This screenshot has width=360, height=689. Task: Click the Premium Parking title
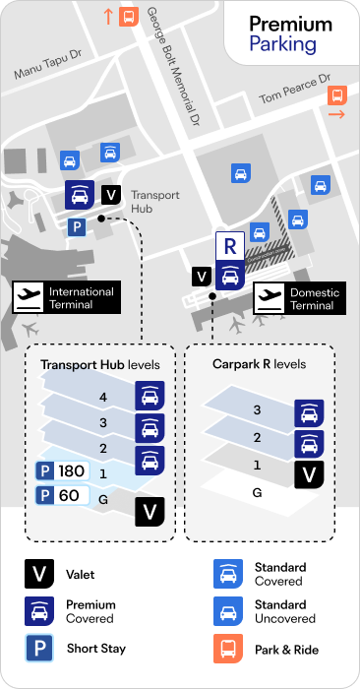(290, 34)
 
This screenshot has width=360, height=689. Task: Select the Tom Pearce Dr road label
(295, 90)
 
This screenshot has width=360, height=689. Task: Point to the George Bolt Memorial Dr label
(172, 66)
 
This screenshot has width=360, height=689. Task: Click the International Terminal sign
(66, 297)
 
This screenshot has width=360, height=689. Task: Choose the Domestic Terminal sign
(300, 298)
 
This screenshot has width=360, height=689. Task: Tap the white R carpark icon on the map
(229, 246)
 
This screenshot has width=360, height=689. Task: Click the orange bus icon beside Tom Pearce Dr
(337, 94)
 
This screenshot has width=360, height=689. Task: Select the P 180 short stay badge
(62, 471)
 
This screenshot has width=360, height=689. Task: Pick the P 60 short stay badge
(62, 496)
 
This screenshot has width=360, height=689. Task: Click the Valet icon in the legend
(39, 574)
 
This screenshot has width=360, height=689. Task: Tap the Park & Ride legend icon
(228, 649)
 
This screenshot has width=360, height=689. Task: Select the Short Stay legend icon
(39, 648)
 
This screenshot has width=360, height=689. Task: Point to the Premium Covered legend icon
(39, 611)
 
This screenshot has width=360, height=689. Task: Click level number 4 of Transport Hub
(103, 398)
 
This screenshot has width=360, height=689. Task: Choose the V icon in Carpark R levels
(309, 474)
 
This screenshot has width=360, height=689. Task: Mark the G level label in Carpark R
(258, 493)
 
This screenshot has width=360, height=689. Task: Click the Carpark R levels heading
(259, 364)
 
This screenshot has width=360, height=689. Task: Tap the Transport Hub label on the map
(155, 202)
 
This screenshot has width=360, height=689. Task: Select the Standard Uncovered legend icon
(228, 611)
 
